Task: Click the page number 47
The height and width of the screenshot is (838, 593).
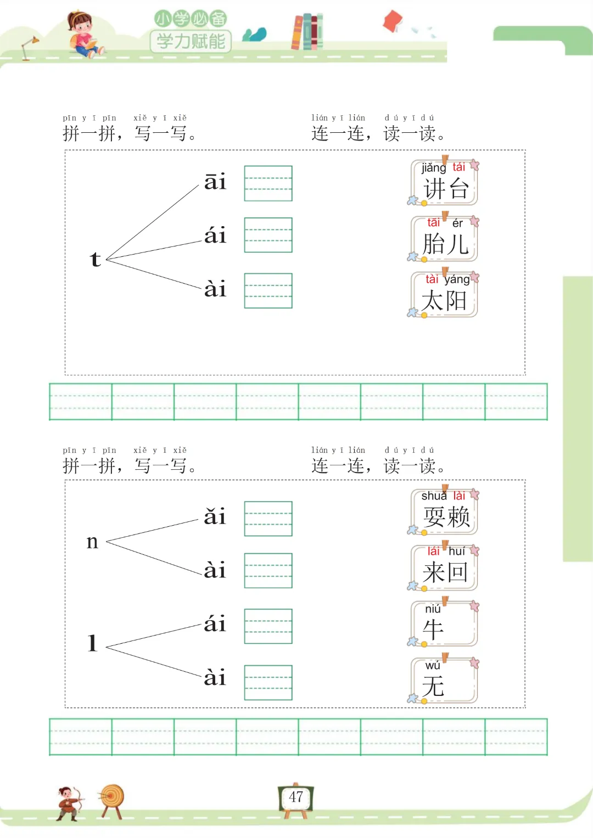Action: click(296, 797)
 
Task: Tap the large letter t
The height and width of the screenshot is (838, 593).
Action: click(96, 259)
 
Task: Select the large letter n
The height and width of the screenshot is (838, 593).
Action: click(92, 542)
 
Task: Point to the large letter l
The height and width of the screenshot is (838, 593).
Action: click(93, 643)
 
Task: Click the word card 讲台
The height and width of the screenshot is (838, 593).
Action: click(445, 183)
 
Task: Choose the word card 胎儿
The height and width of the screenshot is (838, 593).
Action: click(445, 239)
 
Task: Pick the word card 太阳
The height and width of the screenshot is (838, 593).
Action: click(445, 295)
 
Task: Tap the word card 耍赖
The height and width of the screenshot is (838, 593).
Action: click(445, 512)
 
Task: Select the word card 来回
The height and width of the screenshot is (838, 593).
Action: click(445, 568)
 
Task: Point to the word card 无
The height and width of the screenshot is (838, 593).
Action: click(445, 681)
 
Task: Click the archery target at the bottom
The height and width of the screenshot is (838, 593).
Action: click(113, 798)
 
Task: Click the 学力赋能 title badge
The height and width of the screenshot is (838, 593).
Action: click(191, 41)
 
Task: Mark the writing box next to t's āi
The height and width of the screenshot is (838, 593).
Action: click(268, 183)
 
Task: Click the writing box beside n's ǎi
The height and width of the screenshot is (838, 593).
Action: click(268, 519)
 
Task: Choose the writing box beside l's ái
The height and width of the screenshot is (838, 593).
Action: click(268, 626)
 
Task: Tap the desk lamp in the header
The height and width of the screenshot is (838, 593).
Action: click(29, 47)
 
